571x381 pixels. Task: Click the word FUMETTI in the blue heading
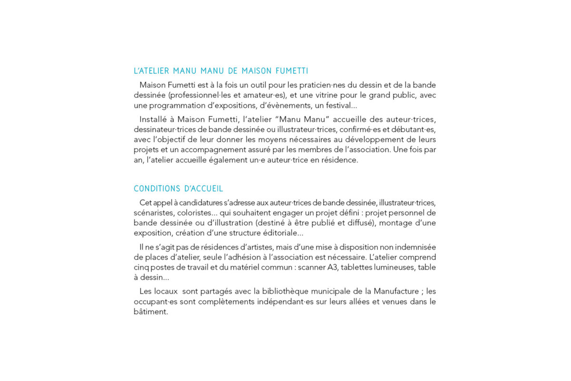point(292,71)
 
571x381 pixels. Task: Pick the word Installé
point(155,119)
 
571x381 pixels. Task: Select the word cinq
point(142,267)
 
